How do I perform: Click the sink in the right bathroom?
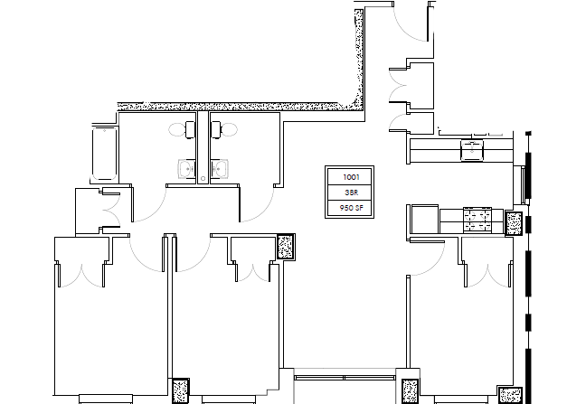(217, 168)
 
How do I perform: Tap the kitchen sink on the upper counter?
(472, 148)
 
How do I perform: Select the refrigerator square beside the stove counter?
(423, 219)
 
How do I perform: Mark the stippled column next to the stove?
(515, 222)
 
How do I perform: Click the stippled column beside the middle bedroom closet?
(286, 247)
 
